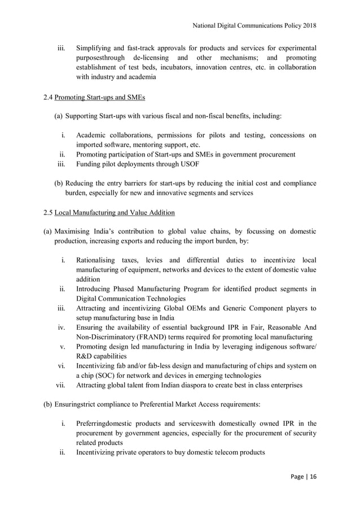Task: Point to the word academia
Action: coord(139,77)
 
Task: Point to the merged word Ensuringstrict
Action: coord(89,404)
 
